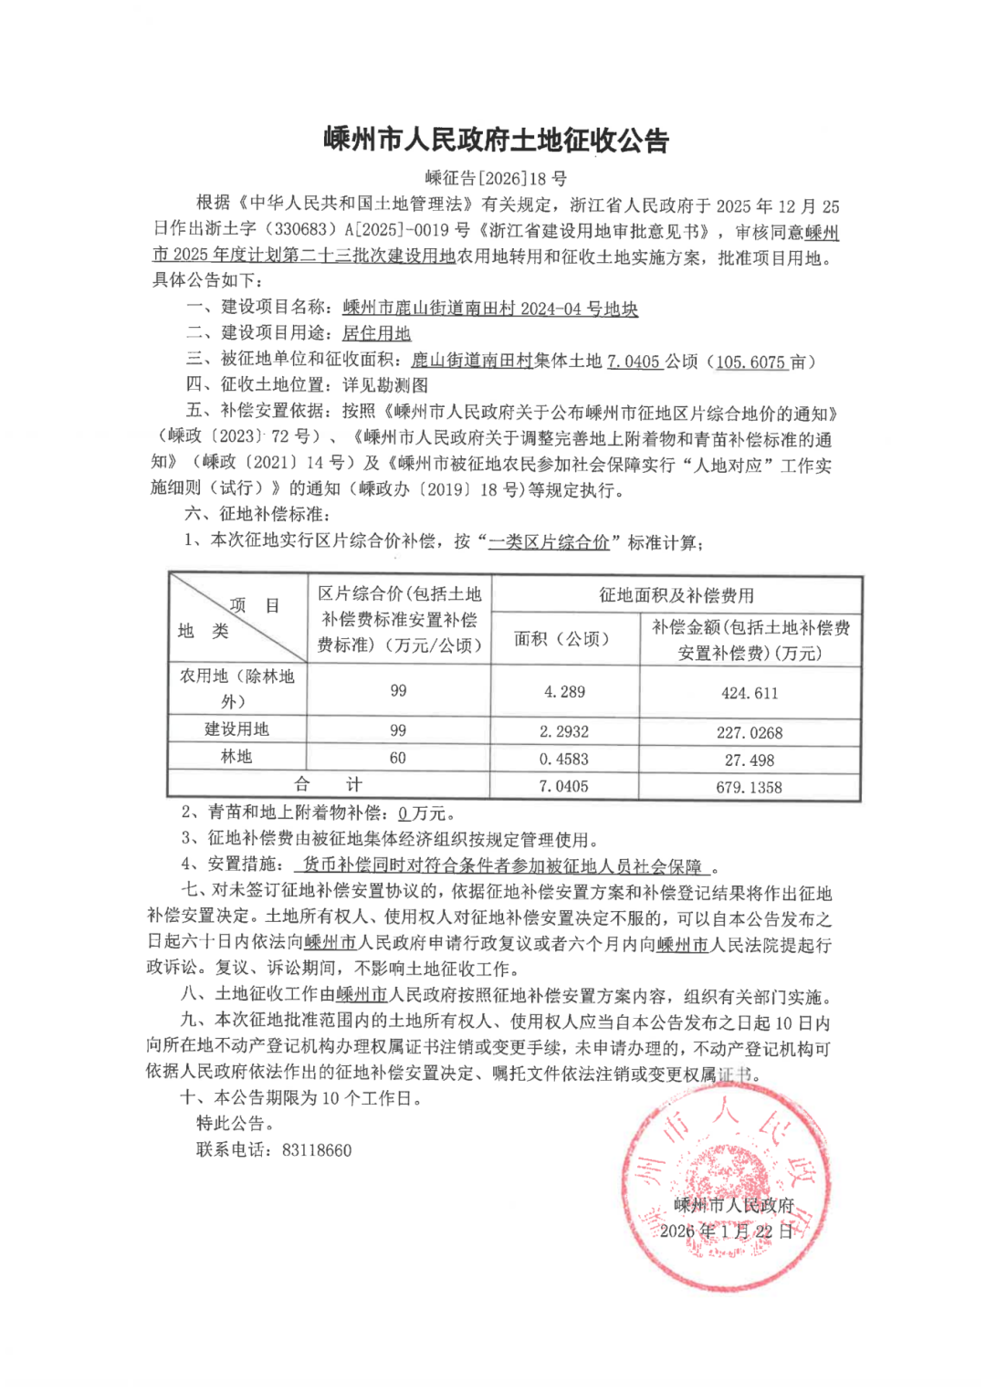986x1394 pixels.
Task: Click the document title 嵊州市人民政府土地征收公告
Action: tap(497, 140)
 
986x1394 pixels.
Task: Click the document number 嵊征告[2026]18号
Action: tap(496, 178)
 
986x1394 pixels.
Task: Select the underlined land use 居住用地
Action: tap(376, 334)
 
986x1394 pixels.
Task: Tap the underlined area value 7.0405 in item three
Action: tap(634, 362)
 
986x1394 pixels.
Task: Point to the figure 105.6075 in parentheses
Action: tap(750, 362)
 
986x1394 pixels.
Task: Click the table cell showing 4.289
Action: tap(564, 692)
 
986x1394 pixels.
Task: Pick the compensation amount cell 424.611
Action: tap(750, 693)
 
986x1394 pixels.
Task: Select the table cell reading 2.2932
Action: tap(564, 731)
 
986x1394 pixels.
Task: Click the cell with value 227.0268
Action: tap(750, 732)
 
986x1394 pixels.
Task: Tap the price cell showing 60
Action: tap(398, 758)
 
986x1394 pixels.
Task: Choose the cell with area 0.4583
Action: tap(564, 759)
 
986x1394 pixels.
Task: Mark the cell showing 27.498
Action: tap(750, 760)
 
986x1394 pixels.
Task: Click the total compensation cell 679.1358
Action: tap(750, 787)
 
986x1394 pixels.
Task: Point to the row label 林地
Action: tap(236, 757)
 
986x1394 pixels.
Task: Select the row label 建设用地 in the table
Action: tap(236, 729)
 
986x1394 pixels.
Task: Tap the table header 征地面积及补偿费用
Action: tap(677, 595)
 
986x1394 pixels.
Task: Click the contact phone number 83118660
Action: tap(317, 1150)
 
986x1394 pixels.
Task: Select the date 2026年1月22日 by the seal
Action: tap(727, 1232)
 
